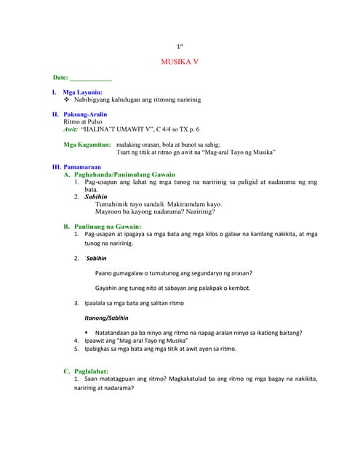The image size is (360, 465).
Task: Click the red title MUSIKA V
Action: click(179, 62)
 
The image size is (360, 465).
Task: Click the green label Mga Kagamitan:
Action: click(87, 145)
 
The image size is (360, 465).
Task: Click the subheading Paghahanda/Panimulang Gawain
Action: click(124, 175)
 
